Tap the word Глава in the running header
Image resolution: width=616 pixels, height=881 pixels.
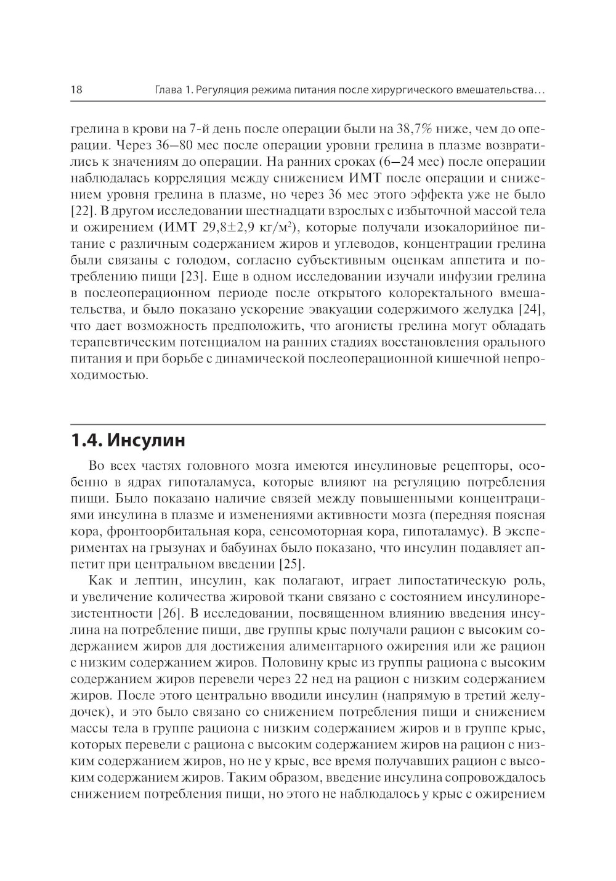[166, 91]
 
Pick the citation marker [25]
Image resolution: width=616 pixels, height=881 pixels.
[292, 564]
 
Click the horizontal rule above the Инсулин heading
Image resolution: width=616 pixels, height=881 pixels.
[308, 425]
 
